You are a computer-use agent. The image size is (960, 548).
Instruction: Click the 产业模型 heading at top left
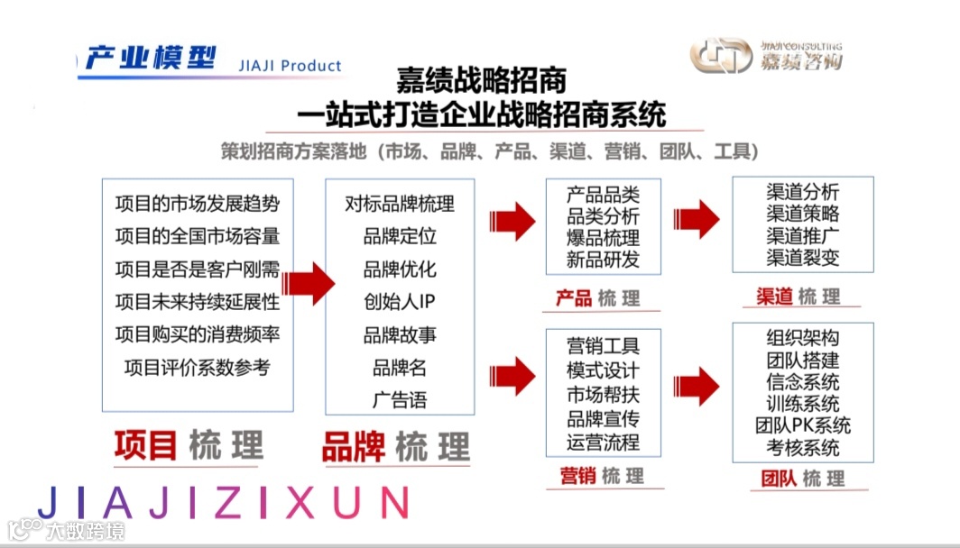point(150,59)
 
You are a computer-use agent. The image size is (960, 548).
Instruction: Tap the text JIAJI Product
point(291,66)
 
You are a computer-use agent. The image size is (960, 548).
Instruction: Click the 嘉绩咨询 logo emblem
point(720,56)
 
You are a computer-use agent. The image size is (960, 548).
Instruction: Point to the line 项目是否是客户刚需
point(198,269)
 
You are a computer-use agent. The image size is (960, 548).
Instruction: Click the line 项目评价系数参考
point(198,367)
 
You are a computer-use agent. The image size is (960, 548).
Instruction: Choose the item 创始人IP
point(400,301)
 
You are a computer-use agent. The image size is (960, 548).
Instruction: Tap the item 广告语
point(400,399)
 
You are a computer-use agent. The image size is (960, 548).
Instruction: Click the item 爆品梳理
point(603,238)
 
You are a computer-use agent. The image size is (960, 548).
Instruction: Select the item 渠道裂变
point(803,257)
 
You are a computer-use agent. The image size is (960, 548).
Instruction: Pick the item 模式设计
point(603,370)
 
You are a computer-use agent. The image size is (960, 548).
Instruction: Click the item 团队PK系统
point(803,425)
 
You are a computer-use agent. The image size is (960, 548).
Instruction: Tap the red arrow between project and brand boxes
point(306,280)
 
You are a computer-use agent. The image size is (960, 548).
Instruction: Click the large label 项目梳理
point(189,445)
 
